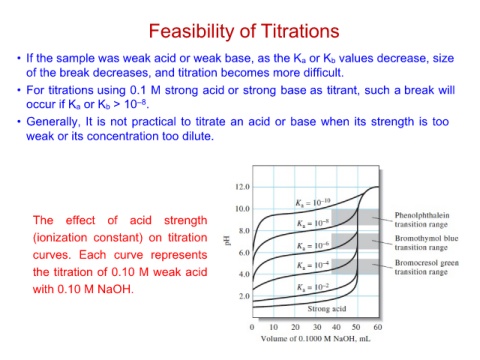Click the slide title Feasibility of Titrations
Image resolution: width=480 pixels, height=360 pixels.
244,31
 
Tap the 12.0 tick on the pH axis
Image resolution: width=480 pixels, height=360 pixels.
242,187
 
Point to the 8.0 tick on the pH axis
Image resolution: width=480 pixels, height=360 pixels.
244,231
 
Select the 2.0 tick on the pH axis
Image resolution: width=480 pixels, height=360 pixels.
244,296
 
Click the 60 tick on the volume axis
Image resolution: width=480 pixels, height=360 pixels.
378,327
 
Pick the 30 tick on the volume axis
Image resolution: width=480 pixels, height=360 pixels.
317,327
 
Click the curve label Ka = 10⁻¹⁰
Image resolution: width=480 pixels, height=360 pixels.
313,202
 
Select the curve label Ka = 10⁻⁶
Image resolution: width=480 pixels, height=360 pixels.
313,245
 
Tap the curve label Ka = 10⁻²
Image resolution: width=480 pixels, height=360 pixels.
313,287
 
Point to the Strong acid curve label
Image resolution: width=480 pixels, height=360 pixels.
327,309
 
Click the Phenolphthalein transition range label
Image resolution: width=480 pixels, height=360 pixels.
422,220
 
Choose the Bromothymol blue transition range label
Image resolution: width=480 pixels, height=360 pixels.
426,243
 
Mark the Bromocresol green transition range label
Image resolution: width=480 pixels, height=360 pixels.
427,267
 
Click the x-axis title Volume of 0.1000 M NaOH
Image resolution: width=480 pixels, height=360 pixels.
315,339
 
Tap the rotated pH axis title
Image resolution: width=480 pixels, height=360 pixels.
228,240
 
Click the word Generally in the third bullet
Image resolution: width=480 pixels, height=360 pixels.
53,122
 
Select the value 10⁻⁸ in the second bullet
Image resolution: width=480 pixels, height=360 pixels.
136,104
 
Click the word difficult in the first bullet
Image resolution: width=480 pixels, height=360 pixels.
323,73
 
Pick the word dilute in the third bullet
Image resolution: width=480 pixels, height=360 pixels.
198,136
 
